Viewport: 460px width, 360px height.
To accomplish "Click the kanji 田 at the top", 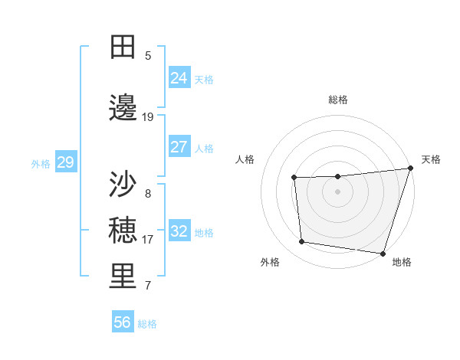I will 123,47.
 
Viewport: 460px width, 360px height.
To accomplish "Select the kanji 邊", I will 123,109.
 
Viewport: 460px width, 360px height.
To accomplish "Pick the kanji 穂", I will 123,230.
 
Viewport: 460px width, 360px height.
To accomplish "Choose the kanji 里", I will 123,277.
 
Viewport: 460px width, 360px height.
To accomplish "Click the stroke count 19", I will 148,117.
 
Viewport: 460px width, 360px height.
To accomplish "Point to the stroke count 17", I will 148,240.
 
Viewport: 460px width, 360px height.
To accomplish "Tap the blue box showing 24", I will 179,77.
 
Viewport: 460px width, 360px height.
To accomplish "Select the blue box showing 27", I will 179,147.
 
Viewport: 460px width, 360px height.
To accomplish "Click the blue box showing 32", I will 179,231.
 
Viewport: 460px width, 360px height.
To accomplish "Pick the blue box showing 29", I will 65,162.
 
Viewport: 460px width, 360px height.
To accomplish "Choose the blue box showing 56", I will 123,322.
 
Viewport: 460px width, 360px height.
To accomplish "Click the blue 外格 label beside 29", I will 41,163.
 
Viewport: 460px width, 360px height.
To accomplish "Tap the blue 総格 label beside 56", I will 147,324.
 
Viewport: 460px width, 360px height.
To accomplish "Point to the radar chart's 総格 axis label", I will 338,100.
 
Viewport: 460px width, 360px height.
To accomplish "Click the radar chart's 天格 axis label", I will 431,159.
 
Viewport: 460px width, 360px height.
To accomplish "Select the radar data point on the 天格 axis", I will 410,169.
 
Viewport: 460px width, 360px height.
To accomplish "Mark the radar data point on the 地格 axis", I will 383,253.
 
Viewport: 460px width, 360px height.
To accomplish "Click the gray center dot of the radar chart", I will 338,192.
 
